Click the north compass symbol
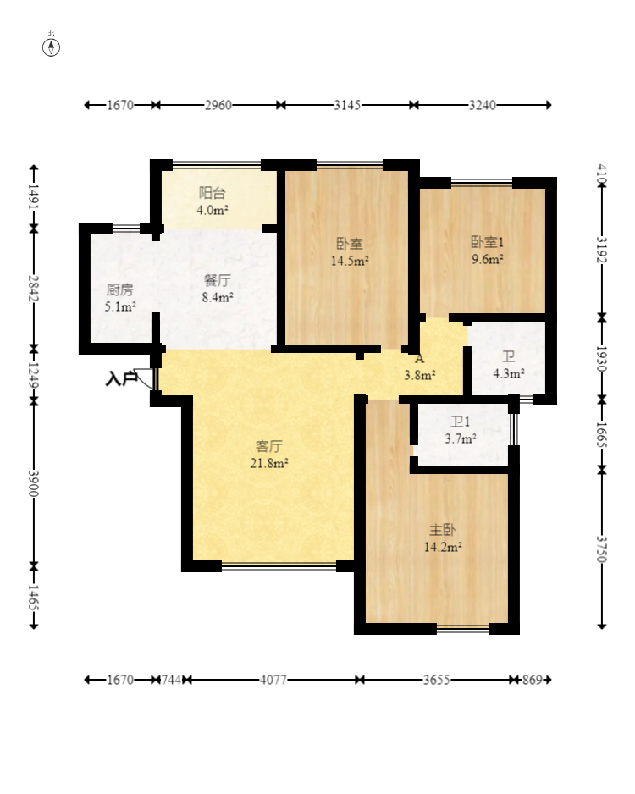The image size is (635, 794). pyautogui.click(x=51, y=46)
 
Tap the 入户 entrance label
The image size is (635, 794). pyautogui.click(x=121, y=378)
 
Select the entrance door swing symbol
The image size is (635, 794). pyautogui.click(x=146, y=378)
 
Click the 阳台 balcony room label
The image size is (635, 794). pyautogui.click(x=213, y=193)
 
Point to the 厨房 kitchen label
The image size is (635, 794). pyautogui.click(x=120, y=290)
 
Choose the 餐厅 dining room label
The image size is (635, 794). pyautogui.click(x=218, y=280)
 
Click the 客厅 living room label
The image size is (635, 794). pyautogui.click(x=269, y=446)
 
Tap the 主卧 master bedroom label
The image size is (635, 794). pyautogui.click(x=443, y=530)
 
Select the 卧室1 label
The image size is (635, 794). pyautogui.click(x=487, y=243)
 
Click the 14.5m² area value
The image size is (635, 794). pyautogui.click(x=350, y=261)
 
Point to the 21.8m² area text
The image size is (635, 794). pyautogui.click(x=269, y=463)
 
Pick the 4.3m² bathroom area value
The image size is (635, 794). pyautogui.click(x=508, y=373)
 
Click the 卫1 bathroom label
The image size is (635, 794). pyautogui.click(x=461, y=422)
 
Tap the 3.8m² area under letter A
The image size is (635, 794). pyautogui.click(x=420, y=375)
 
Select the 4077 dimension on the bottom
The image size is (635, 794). pyautogui.click(x=273, y=680)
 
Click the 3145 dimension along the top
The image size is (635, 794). pyautogui.click(x=347, y=105)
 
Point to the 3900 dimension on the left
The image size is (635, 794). pyautogui.click(x=34, y=483)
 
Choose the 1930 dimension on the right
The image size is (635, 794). pyautogui.click(x=601, y=359)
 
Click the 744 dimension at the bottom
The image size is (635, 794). pyautogui.click(x=171, y=680)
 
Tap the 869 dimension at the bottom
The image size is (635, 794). pyautogui.click(x=533, y=680)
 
